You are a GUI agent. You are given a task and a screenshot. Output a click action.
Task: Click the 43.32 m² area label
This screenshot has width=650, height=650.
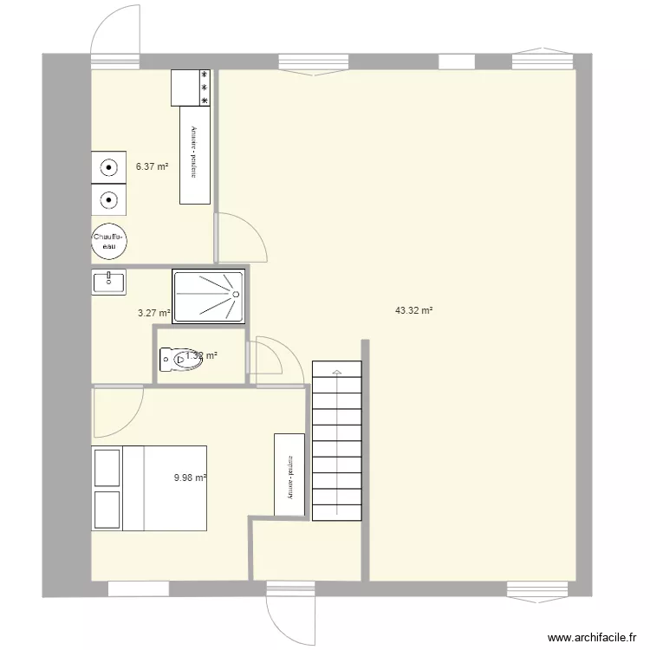414,309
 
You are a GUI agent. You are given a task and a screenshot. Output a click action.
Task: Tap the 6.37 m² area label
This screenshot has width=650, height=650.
152,166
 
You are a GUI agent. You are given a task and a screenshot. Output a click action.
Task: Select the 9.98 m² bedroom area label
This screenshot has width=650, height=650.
190,477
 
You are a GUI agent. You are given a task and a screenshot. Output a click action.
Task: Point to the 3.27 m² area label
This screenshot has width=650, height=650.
153,314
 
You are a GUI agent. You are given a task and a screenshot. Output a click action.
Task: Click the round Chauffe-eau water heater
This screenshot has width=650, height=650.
110,241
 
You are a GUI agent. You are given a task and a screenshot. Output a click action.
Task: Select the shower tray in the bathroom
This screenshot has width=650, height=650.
208,296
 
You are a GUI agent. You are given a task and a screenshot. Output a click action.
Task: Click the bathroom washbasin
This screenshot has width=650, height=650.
108,282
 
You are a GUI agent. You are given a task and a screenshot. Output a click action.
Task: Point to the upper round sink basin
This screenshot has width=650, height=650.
108,168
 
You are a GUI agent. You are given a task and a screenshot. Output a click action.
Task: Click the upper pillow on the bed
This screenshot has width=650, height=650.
107,468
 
